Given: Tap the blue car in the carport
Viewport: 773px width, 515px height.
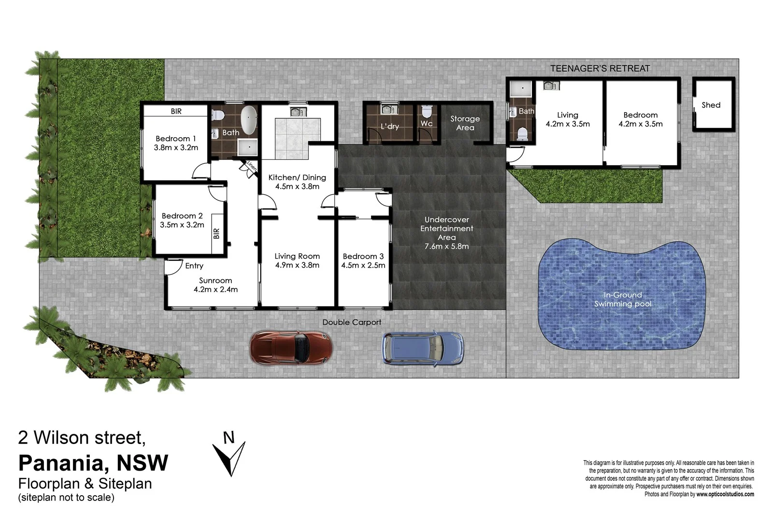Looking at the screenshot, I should coord(423,347).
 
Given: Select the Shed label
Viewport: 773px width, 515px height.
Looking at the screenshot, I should coord(711,105).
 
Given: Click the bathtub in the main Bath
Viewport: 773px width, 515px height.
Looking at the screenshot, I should coord(249,120).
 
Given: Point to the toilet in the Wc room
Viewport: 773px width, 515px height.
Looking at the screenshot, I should coord(426,112).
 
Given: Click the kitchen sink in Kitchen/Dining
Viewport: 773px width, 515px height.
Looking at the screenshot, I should coord(297,112).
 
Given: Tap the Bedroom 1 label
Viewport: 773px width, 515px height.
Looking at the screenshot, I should coord(176,139).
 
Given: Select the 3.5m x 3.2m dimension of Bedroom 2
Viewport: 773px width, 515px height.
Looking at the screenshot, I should coord(182,225).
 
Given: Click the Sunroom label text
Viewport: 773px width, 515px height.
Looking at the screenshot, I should coord(215,280).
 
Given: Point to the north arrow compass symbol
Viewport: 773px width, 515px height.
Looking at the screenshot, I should coord(229,457).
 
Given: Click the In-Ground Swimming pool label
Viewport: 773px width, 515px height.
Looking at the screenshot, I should coord(623,299).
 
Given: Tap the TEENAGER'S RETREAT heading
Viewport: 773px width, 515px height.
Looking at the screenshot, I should coord(600,69).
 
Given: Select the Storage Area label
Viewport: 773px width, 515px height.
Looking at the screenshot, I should coord(465,123).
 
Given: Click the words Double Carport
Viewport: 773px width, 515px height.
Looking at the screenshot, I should coord(352,322).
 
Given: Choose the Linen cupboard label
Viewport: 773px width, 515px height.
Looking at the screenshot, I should coord(251,166).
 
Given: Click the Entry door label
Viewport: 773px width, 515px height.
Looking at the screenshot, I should coord(194,266).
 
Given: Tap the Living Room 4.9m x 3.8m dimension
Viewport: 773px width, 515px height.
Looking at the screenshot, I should coord(297,265).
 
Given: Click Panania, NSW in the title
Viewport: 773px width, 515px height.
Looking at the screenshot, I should coord(93,462).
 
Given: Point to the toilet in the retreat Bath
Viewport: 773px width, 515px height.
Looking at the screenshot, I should coord(522,133).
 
